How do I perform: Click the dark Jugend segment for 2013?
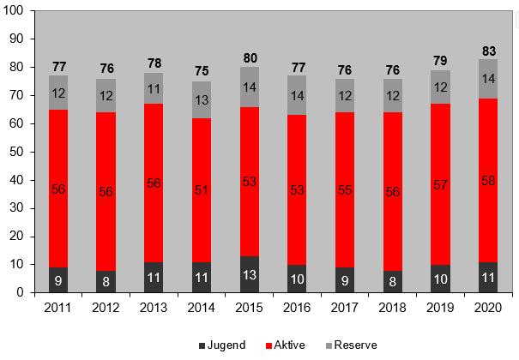click(x=154, y=277)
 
